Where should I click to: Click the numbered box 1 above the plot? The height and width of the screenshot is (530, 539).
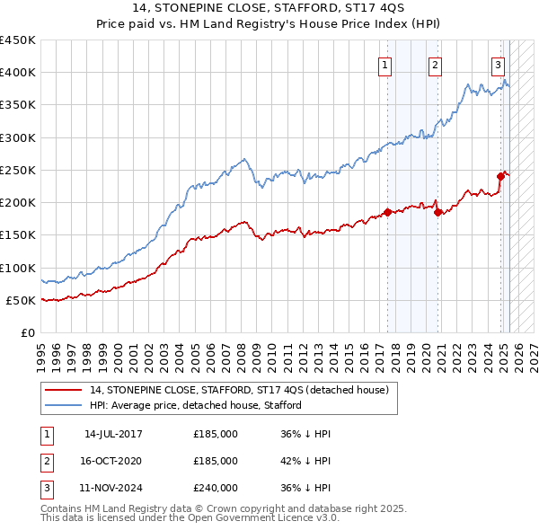384,64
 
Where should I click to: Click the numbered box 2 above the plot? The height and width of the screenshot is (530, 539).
435,64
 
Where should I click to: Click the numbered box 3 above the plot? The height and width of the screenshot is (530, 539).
498,64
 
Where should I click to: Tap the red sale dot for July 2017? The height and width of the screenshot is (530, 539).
388,212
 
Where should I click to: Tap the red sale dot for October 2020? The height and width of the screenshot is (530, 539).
438,212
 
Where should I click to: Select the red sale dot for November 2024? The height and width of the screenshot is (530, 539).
501,176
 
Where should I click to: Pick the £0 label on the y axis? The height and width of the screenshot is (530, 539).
27,332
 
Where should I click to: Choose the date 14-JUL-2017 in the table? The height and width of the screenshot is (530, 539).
113,434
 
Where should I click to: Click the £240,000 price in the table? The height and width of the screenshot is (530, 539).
216,488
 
